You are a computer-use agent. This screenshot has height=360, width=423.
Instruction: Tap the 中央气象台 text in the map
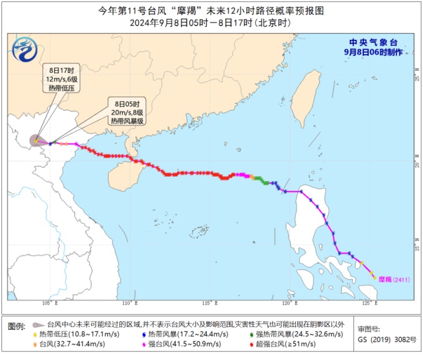click(x=372, y=42)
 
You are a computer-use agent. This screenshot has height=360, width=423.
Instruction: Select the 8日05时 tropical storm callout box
click(x=127, y=112)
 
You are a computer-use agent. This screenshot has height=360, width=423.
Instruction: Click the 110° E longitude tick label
click(x=129, y=303)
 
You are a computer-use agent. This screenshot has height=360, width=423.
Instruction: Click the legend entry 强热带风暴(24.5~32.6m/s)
click(x=295, y=334)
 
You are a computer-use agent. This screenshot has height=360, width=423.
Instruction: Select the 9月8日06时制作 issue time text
click(x=372, y=52)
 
